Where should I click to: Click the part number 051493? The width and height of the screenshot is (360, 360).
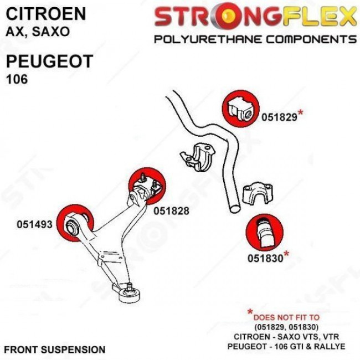pyautogui.click(x=34, y=225)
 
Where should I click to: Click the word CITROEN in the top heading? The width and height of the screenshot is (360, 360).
pyautogui.click(x=47, y=14)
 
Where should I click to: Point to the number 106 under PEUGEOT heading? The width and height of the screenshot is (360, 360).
pyautogui.click(x=17, y=79)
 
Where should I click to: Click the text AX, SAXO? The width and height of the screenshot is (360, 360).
pyautogui.click(x=38, y=32)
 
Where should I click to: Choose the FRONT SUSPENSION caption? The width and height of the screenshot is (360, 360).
pyautogui.click(x=55, y=349)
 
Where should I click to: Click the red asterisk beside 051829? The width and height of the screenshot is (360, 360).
pyautogui.click(x=300, y=114)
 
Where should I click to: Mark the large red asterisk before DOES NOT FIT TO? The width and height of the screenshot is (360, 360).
pyautogui.click(x=250, y=314)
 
